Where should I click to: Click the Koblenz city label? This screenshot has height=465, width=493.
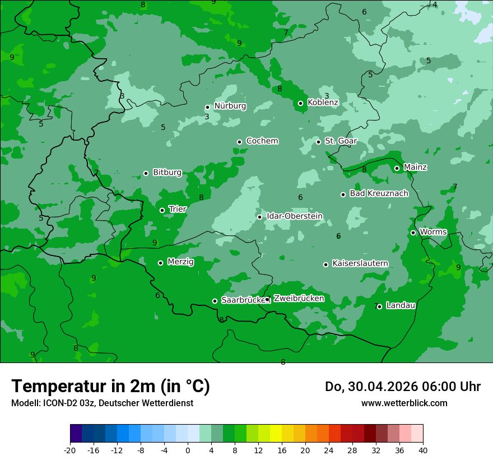323,103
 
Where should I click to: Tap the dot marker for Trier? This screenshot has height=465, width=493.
162,210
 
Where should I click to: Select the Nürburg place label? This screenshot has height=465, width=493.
230,106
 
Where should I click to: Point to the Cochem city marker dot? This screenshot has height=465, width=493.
239,142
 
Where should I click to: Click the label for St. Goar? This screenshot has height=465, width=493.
341,141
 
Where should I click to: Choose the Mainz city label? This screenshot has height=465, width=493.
415,167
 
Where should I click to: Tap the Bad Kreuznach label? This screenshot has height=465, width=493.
379,193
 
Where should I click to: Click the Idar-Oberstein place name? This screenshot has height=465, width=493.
294,216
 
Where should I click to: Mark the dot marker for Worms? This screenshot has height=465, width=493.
413,232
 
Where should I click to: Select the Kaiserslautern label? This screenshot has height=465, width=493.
360,263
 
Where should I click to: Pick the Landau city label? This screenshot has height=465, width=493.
401,305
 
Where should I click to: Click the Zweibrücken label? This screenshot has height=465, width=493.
299,299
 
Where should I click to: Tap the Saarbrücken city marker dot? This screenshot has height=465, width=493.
215,301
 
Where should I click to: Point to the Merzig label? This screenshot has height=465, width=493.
180,262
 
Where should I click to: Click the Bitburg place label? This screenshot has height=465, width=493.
167,173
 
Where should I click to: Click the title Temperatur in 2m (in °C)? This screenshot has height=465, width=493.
110,386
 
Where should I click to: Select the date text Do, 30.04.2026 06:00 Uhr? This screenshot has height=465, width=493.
402,387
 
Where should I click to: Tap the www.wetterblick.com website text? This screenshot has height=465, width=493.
404,403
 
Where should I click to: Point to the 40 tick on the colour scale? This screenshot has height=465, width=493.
423,450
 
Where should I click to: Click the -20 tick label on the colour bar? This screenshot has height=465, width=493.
70,450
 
